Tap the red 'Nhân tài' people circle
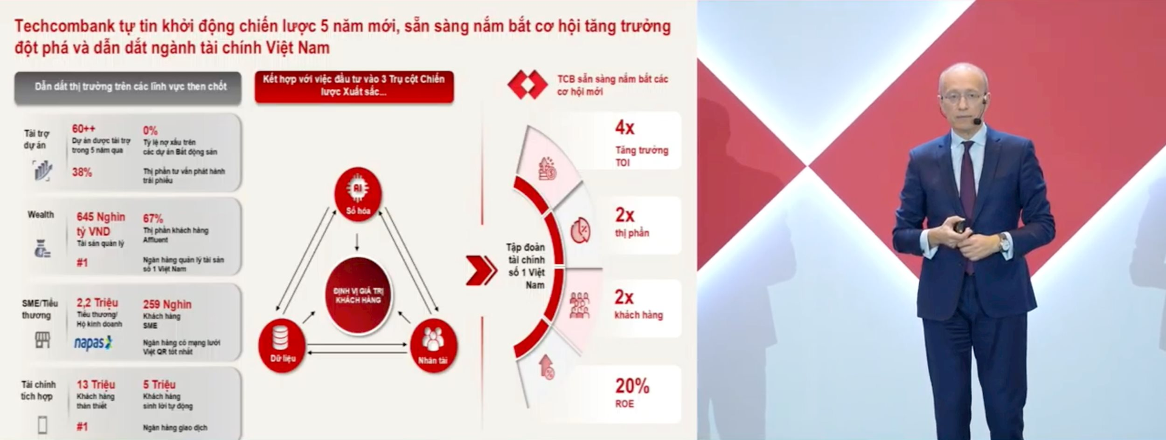point(433,345)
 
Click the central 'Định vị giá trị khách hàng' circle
point(358,295)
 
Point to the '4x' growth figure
point(624,127)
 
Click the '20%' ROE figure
point(632,386)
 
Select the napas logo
point(93,343)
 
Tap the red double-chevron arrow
point(481,270)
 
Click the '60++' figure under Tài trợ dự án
point(83,129)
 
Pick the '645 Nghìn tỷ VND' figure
point(100,224)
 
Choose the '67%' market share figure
point(152,218)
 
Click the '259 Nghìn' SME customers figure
point(167,305)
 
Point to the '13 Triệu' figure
point(95,385)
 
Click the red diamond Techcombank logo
point(527,85)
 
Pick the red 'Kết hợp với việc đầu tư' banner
point(353,86)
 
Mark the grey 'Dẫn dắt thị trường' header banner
point(130,87)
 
